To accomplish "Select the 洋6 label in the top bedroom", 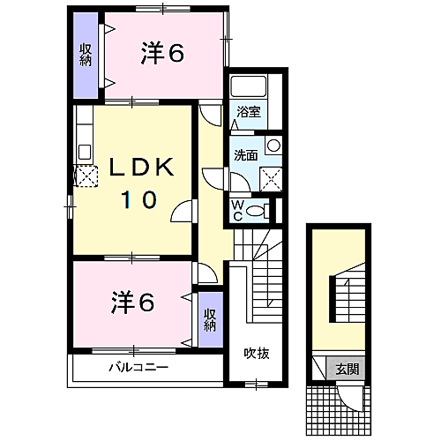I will click(x=161, y=54).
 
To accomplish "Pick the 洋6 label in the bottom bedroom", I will click(x=133, y=303).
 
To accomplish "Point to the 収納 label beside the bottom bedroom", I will click(x=210, y=318).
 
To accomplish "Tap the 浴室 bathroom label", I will click(x=249, y=112).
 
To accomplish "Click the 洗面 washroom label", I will click(x=245, y=155).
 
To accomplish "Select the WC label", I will click(x=237, y=210).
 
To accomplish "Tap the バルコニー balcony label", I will click(x=138, y=367).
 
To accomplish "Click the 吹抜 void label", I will click(x=257, y=354).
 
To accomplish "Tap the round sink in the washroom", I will click(x=274, y=146).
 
